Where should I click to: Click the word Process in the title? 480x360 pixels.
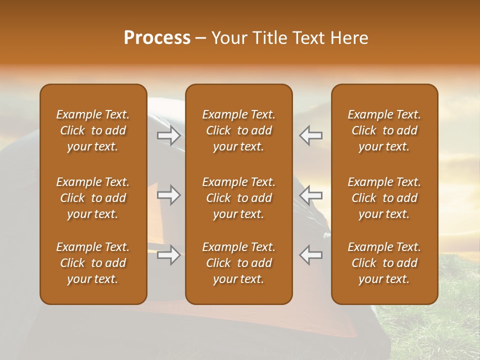[157, 38]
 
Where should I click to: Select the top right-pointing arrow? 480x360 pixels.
[169, 135]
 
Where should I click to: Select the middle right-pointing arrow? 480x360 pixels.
[169, 194]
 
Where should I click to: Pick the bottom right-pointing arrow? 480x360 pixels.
[169, 255]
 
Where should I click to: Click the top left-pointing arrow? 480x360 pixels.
[311, 135]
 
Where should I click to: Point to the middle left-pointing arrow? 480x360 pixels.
[311, 194]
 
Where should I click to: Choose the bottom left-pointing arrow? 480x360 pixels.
[311, 255]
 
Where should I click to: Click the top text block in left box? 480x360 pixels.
[93, 130]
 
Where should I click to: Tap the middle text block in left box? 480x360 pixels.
[93, 198]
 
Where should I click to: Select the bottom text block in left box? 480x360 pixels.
[93, 263]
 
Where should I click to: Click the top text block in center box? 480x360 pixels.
[238, 130]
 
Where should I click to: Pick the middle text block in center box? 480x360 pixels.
[238, 198]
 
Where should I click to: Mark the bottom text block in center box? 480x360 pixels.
[238, 263]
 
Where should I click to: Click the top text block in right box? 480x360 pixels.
[384, 130]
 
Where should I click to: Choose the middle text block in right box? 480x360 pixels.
[384, 198]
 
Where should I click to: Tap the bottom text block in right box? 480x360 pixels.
[384, 263]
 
